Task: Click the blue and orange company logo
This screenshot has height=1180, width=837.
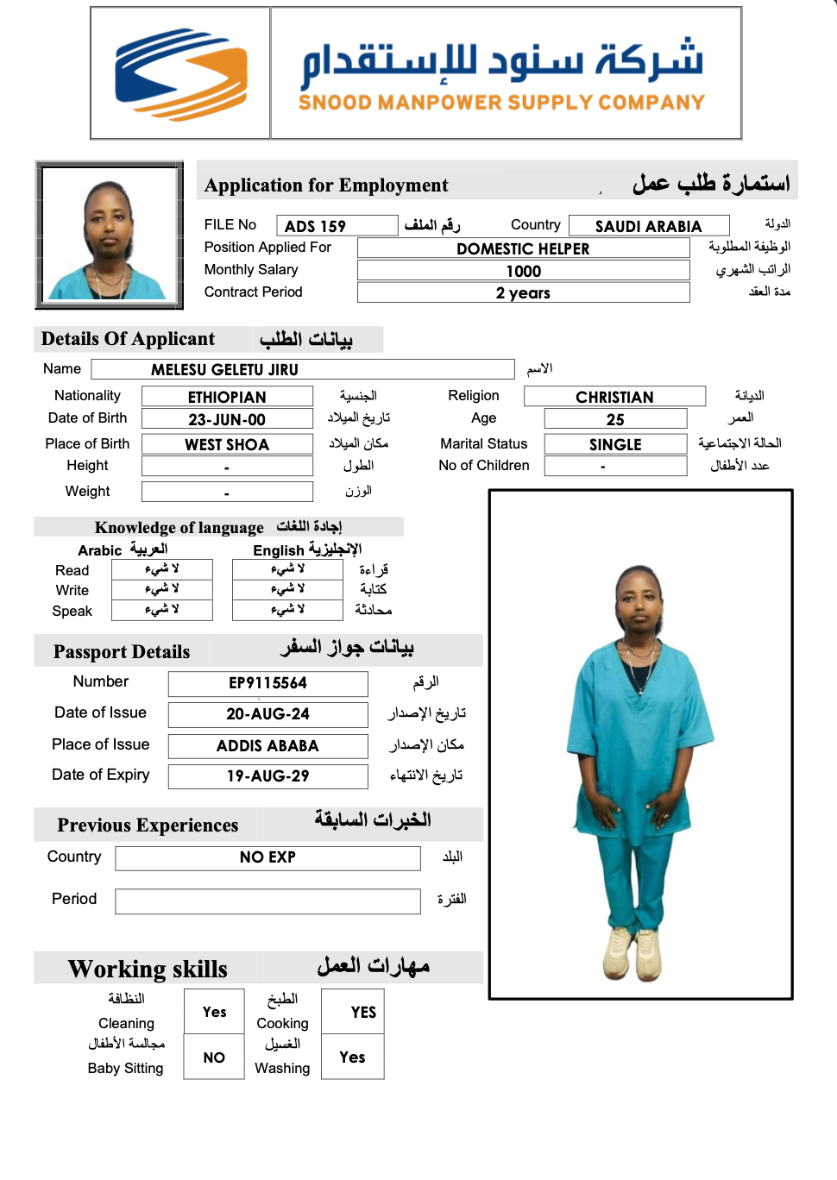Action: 181,73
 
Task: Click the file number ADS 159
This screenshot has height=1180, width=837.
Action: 316,226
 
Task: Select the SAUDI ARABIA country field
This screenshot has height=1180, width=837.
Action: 649,226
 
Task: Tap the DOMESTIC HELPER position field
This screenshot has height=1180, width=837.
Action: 523,248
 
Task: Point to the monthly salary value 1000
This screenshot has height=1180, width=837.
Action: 523,271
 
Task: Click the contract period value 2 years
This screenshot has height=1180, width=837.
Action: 523,293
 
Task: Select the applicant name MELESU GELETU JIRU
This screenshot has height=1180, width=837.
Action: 225,370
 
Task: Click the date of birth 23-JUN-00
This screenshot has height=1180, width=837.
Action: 227,420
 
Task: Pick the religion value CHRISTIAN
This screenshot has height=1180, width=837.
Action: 614,397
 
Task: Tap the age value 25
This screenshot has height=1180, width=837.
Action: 615,420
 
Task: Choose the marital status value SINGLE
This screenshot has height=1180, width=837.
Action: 615,444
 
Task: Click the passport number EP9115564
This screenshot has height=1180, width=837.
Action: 267,683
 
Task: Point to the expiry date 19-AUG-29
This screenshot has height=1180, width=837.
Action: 267,776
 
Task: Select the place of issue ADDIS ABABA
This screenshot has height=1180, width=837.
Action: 267,746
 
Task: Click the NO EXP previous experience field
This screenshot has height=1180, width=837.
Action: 267,857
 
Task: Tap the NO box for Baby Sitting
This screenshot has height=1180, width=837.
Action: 214,1058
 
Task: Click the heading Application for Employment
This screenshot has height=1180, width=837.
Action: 326,185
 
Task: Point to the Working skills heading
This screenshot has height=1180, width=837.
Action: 148,970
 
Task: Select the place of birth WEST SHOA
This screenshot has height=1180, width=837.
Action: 227,444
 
